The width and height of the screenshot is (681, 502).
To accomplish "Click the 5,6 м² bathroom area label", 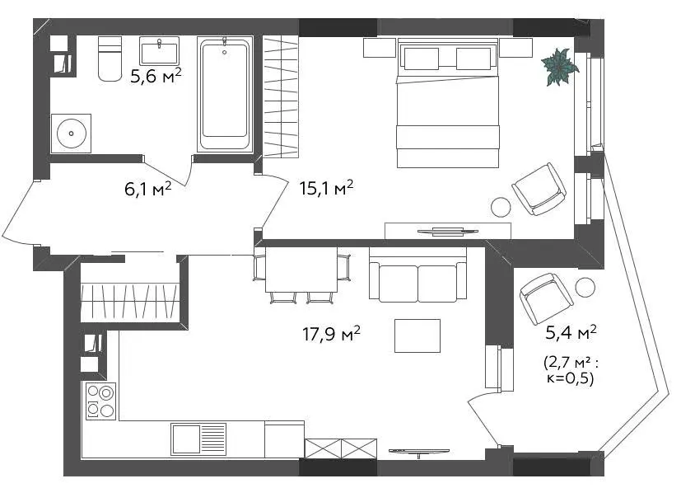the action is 156,76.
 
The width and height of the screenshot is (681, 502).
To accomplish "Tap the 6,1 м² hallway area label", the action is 147,189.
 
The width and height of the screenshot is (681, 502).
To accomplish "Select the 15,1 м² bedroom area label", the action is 326,188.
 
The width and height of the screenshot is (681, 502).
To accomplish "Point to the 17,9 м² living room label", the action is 331,333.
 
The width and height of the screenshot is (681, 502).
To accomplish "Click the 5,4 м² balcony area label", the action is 571,332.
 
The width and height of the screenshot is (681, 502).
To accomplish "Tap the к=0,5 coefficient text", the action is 570,378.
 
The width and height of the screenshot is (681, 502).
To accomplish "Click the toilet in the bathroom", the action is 110,59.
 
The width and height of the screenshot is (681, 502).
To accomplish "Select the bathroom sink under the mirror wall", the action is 160,51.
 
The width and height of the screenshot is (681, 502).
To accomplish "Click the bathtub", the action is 225,94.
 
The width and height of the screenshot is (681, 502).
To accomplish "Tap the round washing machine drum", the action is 71,134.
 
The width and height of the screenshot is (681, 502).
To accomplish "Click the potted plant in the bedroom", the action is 559,67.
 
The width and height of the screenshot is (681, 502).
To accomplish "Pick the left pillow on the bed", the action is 422,59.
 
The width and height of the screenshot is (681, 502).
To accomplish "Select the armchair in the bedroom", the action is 539,189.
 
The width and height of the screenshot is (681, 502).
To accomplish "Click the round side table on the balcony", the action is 585,288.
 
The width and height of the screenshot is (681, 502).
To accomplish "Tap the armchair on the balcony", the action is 546,298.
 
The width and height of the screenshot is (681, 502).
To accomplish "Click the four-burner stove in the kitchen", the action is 100,401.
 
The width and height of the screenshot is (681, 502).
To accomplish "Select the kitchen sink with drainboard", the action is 198,439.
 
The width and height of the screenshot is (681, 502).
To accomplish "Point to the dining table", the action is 301,270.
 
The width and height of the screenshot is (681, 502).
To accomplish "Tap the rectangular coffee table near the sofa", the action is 417,335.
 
